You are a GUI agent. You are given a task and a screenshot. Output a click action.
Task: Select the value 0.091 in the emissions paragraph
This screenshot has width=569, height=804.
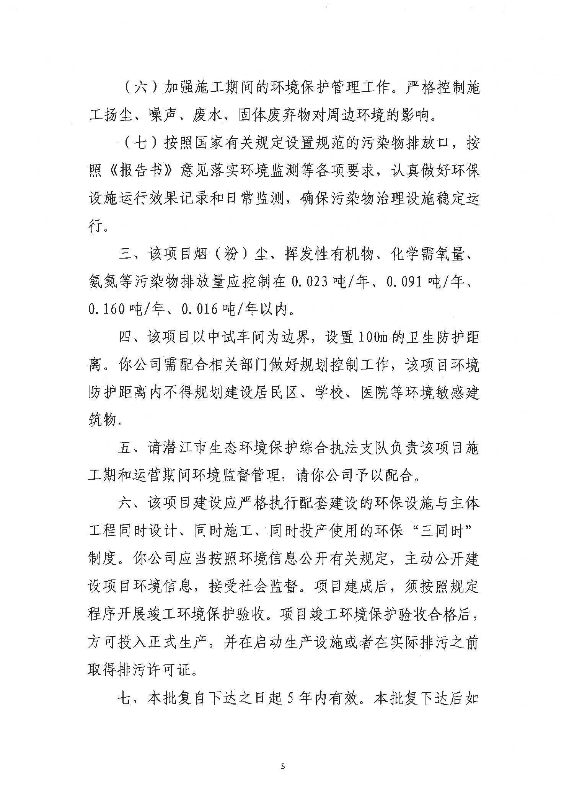(x=406, y=282)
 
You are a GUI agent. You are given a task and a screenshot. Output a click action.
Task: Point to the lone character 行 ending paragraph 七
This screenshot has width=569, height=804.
(x=96, y=226)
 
